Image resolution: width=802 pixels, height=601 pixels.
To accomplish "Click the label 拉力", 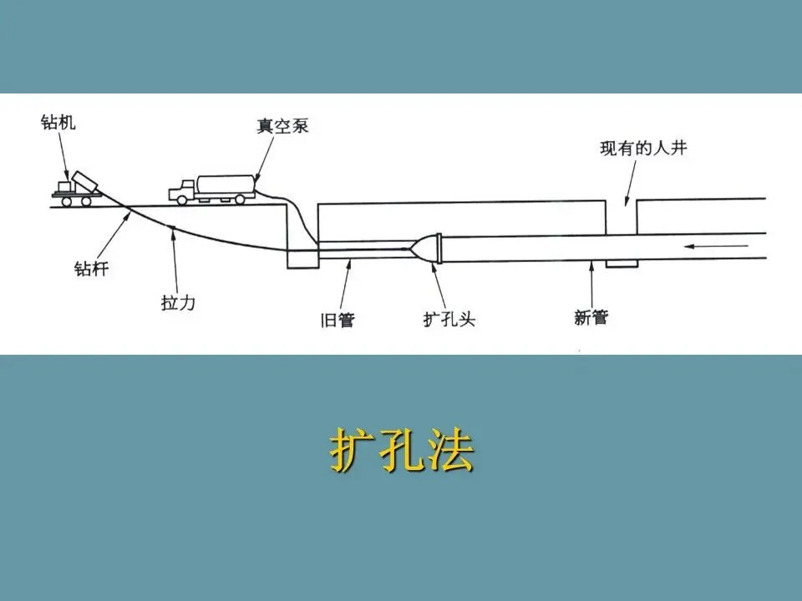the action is pos(178,302).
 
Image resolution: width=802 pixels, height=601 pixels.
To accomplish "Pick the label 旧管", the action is pos(338,319).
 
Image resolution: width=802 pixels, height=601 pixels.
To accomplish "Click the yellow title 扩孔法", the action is pos(401,452).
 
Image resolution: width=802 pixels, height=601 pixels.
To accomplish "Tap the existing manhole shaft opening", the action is pos(621,215).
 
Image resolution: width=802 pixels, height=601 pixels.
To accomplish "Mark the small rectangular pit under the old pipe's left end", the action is pos(302,258).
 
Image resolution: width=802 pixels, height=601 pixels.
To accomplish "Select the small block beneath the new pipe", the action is pos(622,264).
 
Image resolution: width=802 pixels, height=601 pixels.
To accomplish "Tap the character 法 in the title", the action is pos(451,452).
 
